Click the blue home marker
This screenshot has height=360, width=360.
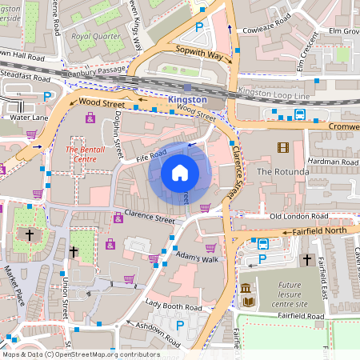(x=180, y=173)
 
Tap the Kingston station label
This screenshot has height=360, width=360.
(x=188, y=99)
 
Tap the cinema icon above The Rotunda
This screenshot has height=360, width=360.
(x=282, y=147)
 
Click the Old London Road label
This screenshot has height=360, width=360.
(x=298, y=217)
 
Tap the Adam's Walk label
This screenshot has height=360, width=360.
(x=198, y=260)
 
